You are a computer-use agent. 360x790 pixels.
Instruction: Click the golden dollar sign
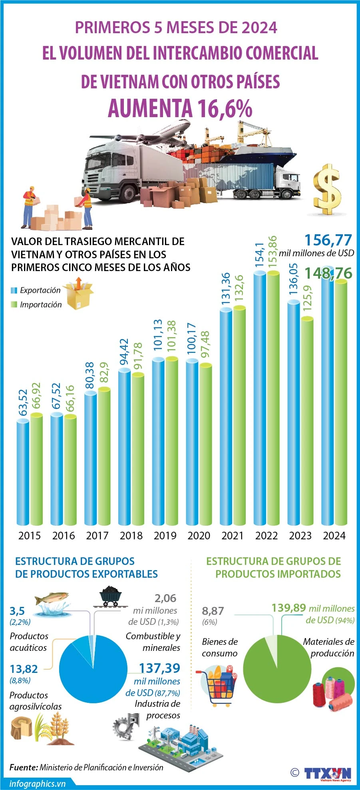(327, 189)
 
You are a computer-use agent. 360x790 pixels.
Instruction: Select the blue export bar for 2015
(23, 472)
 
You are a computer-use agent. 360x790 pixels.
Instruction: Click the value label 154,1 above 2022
(260, 255)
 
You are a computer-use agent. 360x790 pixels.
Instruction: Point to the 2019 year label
(165, 535)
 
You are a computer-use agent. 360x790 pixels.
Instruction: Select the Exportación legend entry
(36, 290)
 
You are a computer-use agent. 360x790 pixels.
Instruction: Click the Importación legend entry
(36, 305)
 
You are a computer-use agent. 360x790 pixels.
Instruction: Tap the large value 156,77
(328, 240)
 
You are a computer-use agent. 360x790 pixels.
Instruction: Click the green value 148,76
(328, 273)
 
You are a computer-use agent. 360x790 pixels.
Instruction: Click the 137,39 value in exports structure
(159, 668)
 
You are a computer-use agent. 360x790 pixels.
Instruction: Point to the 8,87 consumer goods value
(213, 611)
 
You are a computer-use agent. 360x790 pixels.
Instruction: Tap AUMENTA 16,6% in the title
(180, 108)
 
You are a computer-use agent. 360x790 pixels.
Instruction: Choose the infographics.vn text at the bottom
(38, 784)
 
